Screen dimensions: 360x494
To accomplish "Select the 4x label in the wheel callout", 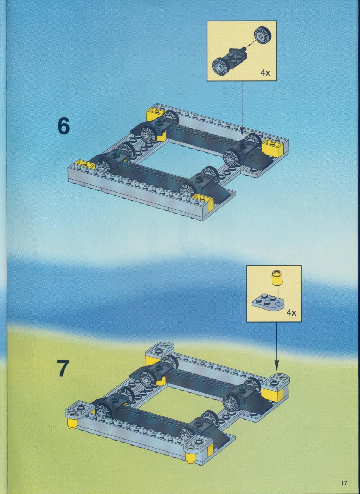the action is (x=265, y=73).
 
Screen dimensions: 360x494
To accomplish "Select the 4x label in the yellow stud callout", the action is (x=291, y=312).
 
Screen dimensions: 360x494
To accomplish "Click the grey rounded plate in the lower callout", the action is (x=268, y=301).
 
